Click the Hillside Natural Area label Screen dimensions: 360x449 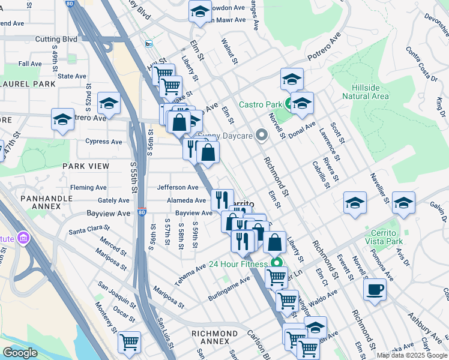(x=366, y=91)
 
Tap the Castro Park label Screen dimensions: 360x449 (x=260, y=104)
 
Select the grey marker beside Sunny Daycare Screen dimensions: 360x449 (x=261, y=136)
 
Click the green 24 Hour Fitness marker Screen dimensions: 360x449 (x=277, y=263)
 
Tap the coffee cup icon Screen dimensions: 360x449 (x=375, y=289)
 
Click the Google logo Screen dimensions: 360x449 (x=20, y=353)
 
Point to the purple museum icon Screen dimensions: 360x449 (x=23, y=239)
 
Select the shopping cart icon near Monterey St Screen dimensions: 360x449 (x=129, y=342)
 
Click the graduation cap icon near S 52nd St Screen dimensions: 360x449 (x=109, y=103)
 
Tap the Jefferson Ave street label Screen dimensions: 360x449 (x=178, y=187)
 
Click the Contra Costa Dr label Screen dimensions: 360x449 (x=421, y=64)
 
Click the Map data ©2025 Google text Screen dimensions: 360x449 (x=411, y=355)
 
